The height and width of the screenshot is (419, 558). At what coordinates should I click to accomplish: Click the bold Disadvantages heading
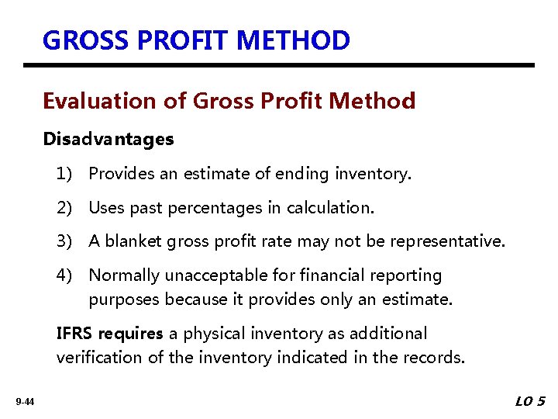coord(108,140)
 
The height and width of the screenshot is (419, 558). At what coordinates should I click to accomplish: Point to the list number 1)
coord(65,174)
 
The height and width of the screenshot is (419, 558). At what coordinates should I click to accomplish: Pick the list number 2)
coord(65,208)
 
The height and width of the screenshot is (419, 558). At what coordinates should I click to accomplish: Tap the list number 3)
coord(65,241)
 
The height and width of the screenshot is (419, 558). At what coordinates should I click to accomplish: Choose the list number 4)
coord(65,275)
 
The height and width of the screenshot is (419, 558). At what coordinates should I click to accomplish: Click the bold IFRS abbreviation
coord(73,334)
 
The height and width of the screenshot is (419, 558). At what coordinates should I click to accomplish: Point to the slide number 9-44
coord(24,402)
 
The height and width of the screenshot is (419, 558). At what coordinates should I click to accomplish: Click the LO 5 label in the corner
coord(531,401)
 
